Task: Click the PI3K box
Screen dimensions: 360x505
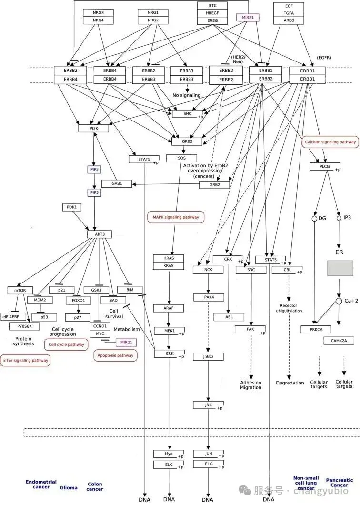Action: tap(94, 128)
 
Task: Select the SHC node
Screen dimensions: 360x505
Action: tap(188, 114)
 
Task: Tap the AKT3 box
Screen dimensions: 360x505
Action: tap(100, 234)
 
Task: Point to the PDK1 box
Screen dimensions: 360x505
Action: tap(71, 207)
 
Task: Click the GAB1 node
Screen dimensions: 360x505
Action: tap(117, 183)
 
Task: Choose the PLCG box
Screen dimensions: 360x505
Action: tap(325, 166)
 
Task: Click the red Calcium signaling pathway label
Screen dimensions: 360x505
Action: tap(330, 141)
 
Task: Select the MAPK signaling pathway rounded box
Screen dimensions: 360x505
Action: tap(176, 217)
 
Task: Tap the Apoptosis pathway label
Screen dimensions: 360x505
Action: tap(115, 355)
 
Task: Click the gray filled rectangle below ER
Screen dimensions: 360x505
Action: tap(340, 268)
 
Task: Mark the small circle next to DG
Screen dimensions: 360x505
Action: tap(315, 218)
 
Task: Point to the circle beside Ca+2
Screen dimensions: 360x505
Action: tap(339, 301)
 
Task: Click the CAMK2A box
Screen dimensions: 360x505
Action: tap(339, 341)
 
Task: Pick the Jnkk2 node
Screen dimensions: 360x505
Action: tap(209, 356)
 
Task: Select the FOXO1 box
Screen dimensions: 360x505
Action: tap(78, 301)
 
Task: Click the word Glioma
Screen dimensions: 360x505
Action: tap(69, 487)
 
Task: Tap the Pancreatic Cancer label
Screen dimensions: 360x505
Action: tap(340, 483)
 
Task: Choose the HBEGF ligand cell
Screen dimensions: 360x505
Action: tap(212, 13)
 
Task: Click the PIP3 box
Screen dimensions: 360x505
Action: tap(94, 192)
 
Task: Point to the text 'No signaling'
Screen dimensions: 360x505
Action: tap(187, 95)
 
